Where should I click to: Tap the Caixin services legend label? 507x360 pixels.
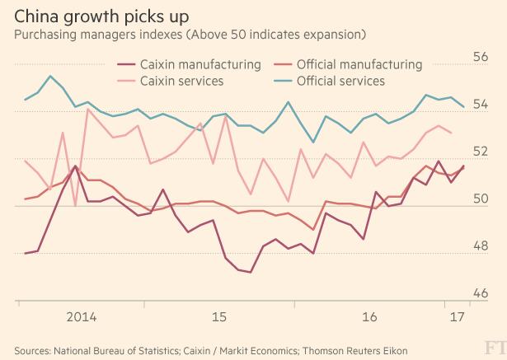182,81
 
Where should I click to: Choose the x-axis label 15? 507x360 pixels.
218,316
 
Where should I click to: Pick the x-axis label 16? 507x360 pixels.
370,316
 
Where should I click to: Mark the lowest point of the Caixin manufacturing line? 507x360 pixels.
250,272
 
